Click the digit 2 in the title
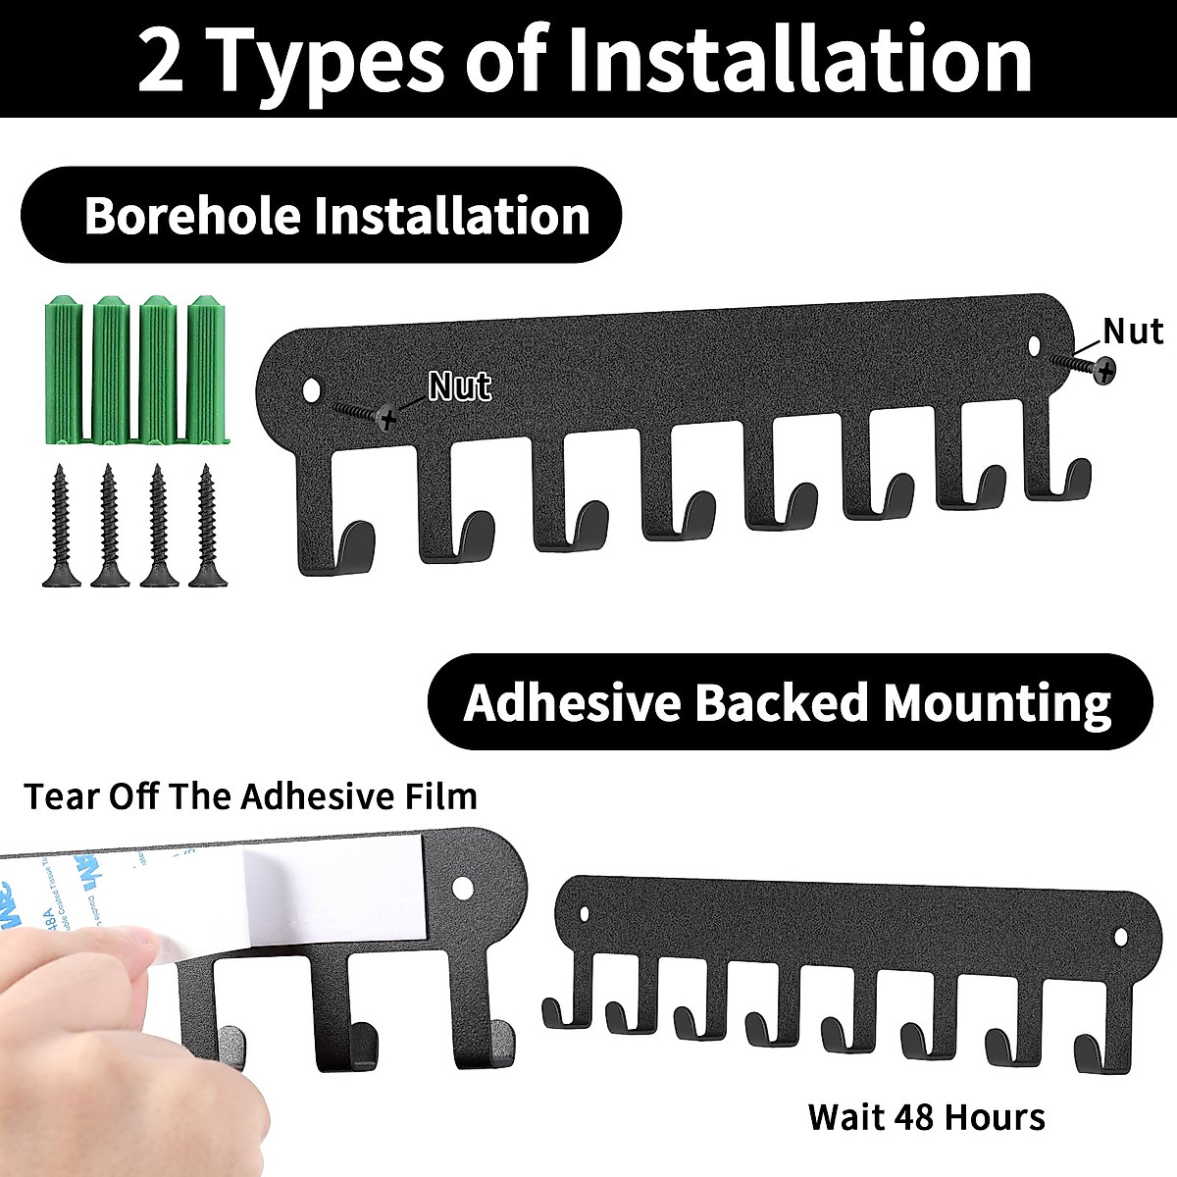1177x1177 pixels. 162,61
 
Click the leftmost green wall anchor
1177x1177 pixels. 62,367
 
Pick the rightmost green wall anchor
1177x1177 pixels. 206,367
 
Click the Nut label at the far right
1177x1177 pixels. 1132,332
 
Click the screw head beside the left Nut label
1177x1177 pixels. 387,419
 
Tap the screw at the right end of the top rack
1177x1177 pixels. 1104,370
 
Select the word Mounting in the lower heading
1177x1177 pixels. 997,703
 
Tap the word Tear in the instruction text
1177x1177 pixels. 60,795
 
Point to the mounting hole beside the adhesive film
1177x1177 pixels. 462,891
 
